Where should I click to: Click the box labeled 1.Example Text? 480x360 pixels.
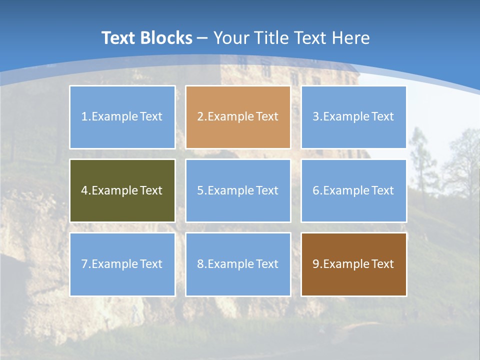point(122,117)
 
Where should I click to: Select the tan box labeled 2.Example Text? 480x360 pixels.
point(238,117)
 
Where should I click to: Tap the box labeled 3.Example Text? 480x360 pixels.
point(353,117)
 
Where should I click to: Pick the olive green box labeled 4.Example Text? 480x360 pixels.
point(122,190)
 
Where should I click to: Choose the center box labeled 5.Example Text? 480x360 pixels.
point(238,190)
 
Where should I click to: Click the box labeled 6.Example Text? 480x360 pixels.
point(353,190)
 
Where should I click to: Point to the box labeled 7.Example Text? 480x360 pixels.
point(122,264)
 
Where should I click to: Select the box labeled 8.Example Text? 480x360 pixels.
point(238,264)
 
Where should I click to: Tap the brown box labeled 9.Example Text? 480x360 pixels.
point(353,264)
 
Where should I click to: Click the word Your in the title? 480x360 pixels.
point(231,38)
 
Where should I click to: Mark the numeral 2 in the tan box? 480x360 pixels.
point(200,117)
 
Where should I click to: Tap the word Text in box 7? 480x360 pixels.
point(151,264)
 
